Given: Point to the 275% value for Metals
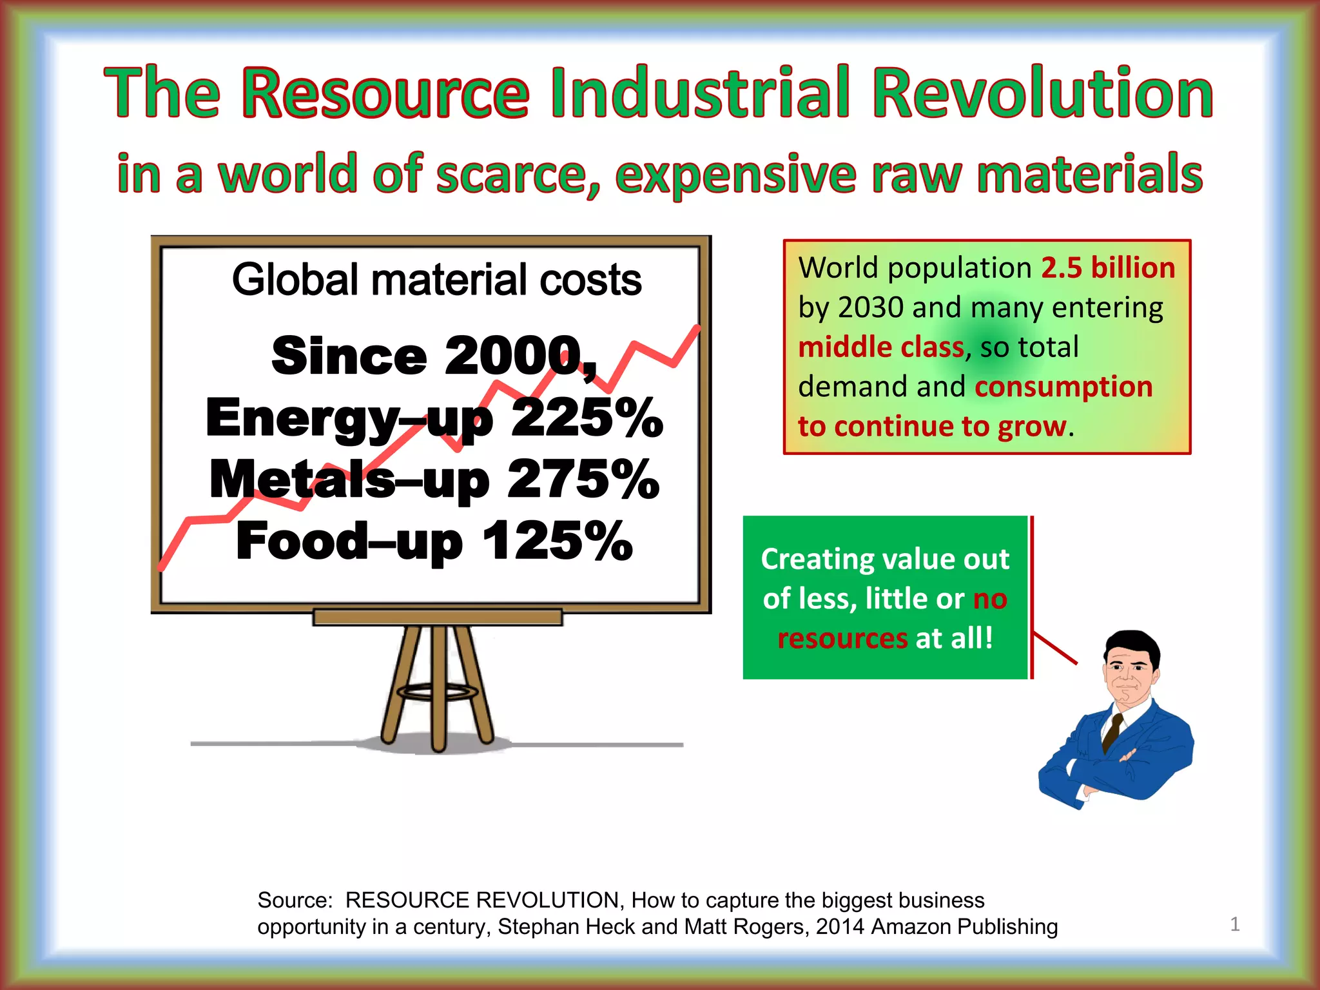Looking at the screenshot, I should [583, 480].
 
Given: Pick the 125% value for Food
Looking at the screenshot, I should [558, 541].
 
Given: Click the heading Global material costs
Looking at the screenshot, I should [436, 280].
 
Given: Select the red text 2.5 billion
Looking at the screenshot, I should [1108, 268].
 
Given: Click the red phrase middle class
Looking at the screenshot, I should [880, 347].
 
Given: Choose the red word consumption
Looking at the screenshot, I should [1063, 387].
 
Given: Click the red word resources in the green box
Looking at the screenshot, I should [842, 639].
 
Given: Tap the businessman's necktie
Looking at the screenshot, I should [1112, 732].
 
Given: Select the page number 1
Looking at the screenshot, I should [1235, 924].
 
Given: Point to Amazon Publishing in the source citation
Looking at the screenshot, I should [964, 927].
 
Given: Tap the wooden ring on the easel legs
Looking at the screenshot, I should [438, 693].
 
